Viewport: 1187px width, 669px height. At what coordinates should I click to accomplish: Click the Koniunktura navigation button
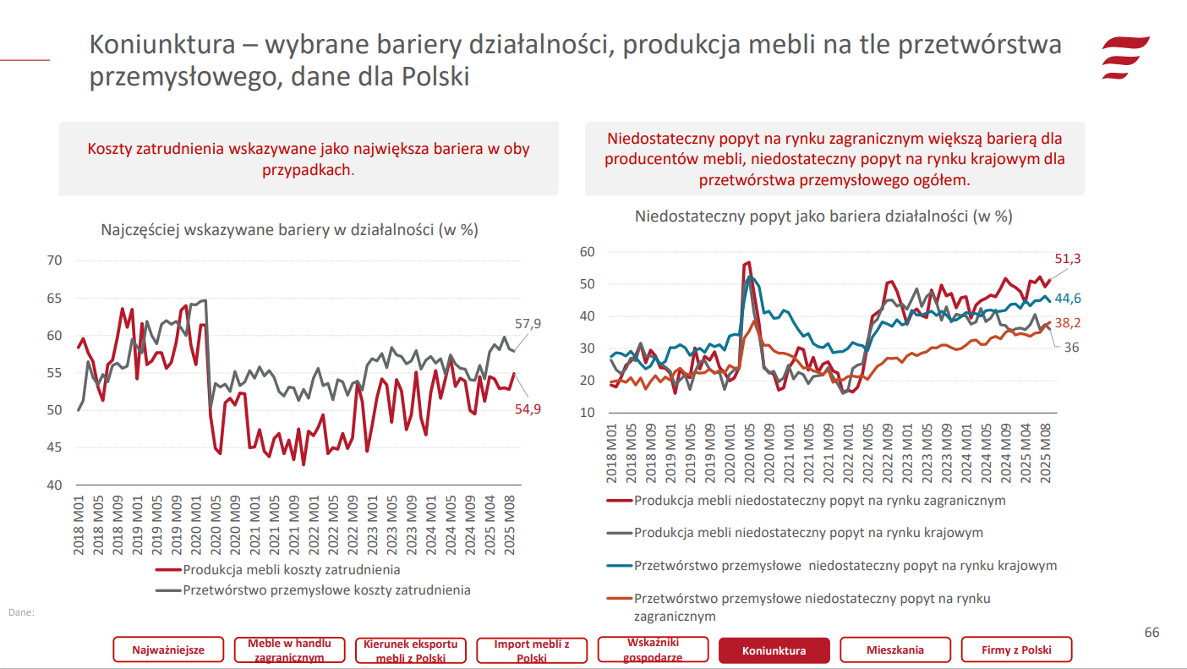point(774,650)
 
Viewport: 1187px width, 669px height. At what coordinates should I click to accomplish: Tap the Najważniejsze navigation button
point(168,650)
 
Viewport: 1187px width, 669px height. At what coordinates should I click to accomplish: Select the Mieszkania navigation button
point(894,650)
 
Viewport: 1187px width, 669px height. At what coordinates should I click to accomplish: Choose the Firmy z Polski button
point(1016,650)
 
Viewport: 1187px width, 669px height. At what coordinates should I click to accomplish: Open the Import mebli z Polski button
point(532,650)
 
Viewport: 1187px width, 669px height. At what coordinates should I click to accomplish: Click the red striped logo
point(1124,58)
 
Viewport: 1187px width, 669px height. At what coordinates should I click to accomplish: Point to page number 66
point(1151,633)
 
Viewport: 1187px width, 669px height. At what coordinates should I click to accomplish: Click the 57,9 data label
point(528,323)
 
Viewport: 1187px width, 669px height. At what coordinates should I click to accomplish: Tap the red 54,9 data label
point(528,409)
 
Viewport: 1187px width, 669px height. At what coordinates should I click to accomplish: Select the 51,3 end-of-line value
point(1068,259)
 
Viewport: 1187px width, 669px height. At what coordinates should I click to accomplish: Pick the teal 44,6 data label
point(1068,298)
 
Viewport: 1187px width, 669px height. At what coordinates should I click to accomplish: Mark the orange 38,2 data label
point(1068,322)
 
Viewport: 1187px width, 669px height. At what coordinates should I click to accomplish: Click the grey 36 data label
point(1071,347)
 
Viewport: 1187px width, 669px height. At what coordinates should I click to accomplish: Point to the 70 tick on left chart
point(54,260)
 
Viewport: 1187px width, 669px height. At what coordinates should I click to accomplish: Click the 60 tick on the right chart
point(588,251)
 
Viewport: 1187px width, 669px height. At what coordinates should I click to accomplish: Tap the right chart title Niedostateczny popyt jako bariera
point(823,216)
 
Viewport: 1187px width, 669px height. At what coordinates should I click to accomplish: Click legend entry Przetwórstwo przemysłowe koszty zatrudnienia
point(326,589)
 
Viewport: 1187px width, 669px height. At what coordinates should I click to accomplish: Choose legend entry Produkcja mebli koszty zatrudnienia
point(292,570)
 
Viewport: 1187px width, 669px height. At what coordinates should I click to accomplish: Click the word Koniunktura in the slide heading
point(162,46)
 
